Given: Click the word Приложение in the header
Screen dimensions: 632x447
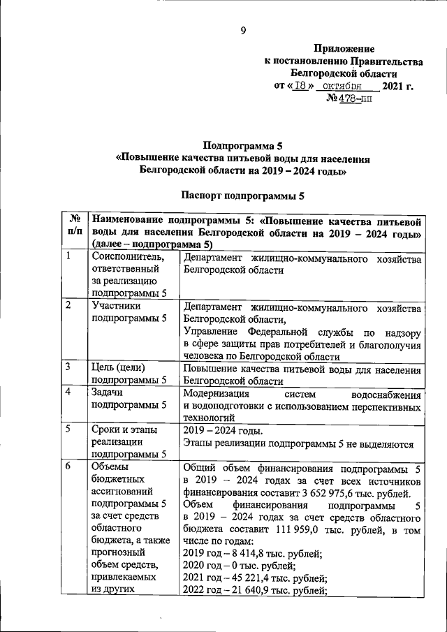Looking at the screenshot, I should (344, 49).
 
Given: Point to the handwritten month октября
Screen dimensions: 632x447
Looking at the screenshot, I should (346, 87).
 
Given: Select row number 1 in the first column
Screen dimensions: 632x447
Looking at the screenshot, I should (68, 256).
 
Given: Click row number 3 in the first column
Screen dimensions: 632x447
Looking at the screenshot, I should (68, 367).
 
